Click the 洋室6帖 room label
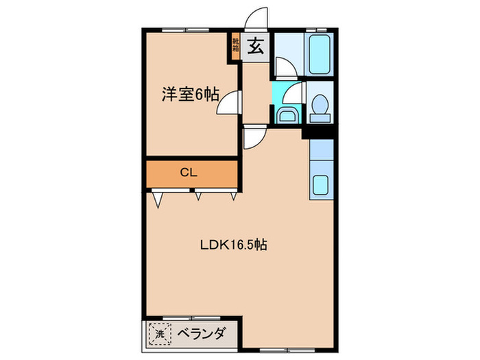coord(190,95)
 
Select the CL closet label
coord(189,173)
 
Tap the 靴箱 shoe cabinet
coord(236,47)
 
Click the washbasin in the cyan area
coord(286,115)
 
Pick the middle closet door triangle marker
coord(198,197)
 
